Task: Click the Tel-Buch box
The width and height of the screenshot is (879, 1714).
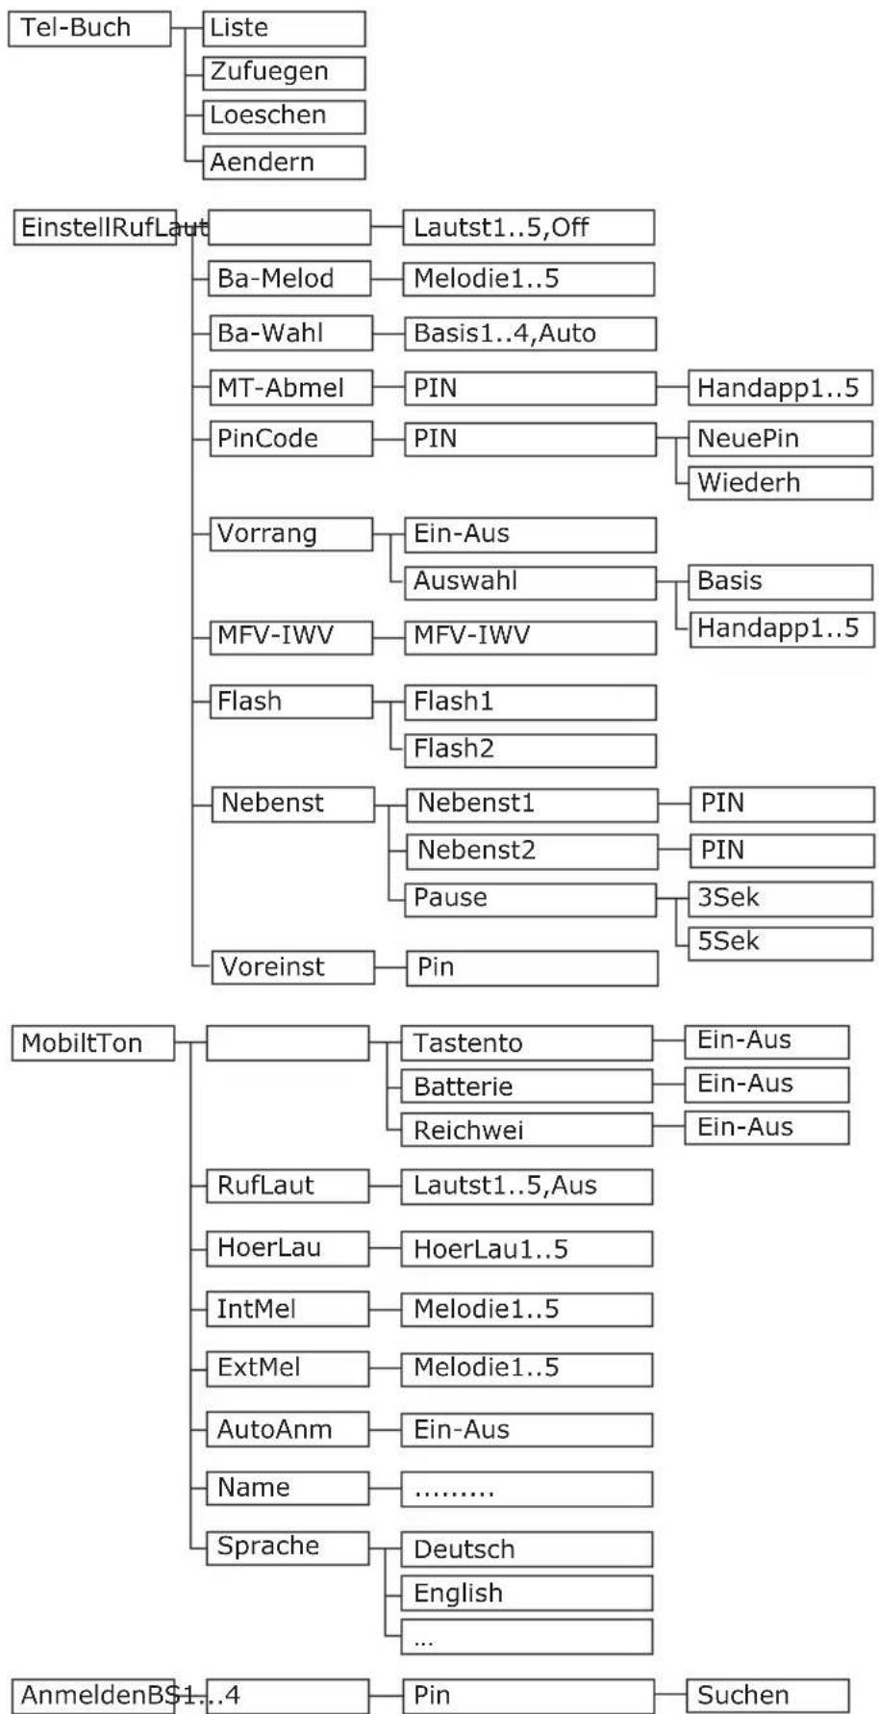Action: pos(89,28)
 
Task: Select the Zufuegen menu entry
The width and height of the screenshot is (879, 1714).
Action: pos(284,72)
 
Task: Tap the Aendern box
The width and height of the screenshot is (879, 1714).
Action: pos(284,162)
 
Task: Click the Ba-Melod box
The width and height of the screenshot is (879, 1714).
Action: pos(289,278)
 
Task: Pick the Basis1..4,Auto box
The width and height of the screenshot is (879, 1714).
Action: pos(529,333)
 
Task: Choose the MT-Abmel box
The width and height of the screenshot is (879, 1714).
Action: pos(290,388)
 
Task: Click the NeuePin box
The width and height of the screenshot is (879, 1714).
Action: pos(780,438)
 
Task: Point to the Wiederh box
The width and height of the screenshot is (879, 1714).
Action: pos(780,482)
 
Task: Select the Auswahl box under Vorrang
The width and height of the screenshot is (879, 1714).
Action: pos(529,581)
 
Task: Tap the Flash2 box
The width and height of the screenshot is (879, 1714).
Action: pos(529,749)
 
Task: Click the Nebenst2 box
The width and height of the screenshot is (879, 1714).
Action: pos(532,851)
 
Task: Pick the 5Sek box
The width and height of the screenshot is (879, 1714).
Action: pos(780,941)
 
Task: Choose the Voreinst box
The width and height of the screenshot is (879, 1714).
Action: pos(292,967)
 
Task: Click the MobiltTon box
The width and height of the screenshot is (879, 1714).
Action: pos(93,1043)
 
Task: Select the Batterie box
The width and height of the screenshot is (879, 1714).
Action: pos(527,1087)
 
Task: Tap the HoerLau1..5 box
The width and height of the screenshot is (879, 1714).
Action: pos(527,1249)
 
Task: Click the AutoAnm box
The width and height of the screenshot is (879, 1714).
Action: pos(288,1429)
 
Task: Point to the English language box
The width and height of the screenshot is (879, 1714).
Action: pos(527,1593)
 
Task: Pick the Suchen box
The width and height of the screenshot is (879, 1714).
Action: pos(767,1695)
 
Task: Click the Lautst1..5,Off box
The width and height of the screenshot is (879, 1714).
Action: pos(528,228)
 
